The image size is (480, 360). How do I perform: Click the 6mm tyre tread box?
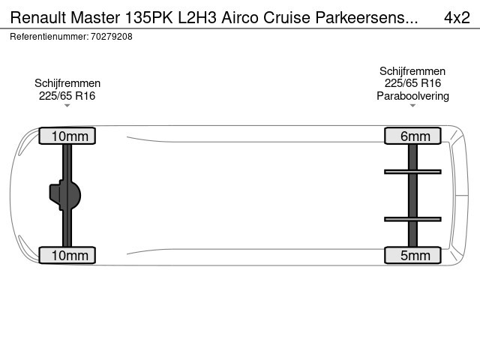click(x=412, y=136)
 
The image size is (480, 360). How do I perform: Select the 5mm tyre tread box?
click(x=412, y=255)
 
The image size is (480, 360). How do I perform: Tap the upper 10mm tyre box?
click(x=67, y=136)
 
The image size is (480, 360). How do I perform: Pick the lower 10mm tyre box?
click(x=67, y=255)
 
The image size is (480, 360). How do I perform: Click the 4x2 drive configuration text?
click(x=457, y=17)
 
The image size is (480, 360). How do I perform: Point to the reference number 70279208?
click(x=112, y=37)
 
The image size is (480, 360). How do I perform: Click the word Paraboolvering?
click(x=412, y=96)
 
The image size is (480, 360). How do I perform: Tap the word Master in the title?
click(x=95, y=17)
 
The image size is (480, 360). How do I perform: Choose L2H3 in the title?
click(x=197, y=17)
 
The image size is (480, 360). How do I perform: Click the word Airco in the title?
click(x=240, y=17)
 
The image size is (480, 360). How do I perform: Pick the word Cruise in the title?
click(x=286, y=17)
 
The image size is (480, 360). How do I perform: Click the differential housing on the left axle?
click(x=65, y=195)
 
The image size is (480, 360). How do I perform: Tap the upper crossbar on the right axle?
click(x=412, y=172)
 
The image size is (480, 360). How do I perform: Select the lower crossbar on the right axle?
click(x=412, y=219)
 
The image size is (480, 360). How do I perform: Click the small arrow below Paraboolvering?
click(x=412, y=106)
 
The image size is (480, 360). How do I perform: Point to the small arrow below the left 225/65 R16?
click(x=67, y=106)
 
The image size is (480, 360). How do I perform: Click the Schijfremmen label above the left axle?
click(x=67, y=83)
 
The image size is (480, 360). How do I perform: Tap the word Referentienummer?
click(x=49, y=37)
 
